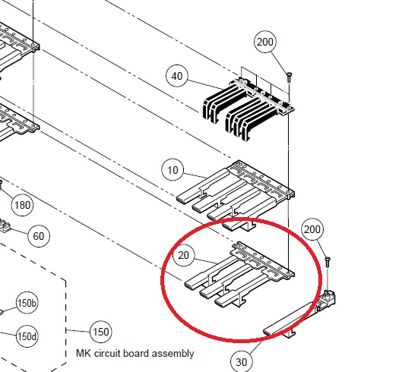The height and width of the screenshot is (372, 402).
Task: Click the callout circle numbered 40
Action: tap(177, 76)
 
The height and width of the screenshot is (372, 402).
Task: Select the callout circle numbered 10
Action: tap(173, 170)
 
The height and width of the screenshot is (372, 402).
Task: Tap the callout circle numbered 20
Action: tap(183, 255)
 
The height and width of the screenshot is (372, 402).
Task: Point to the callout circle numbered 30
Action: tap(241, 362)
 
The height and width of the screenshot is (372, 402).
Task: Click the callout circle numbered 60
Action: tap(39, 236)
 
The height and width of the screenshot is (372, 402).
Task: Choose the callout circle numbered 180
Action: tap(23, 205)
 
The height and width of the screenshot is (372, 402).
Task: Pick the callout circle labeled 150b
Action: tap(27, 303)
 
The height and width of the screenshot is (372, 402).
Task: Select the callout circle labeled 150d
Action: tap(27, 336)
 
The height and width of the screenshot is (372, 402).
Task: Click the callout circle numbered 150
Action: tap(101, 332)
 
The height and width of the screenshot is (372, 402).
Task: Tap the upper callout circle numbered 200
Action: tap(265, 42)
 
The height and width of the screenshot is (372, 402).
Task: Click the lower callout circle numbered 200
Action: tap(312, 229)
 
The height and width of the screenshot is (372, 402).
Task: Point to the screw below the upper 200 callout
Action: tap(290, 77)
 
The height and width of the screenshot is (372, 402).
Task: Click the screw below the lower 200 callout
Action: tap(328, 261)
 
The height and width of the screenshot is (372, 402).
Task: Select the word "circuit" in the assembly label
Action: tap(107, 353)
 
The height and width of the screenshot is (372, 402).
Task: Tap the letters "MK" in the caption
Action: tap(84, 353)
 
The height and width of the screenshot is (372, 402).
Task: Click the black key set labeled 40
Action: tap(248, 109)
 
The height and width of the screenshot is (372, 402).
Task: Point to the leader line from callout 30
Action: tap(255, 347)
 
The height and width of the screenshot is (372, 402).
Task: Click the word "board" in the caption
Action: tap(136, 353)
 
